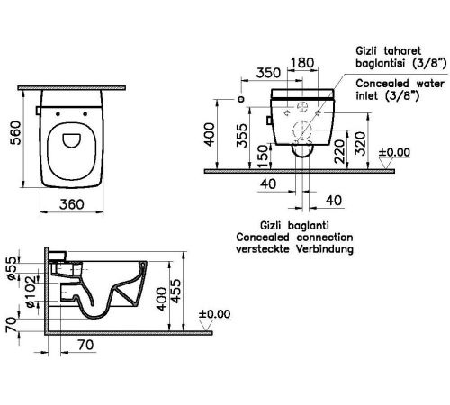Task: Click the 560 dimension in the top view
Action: pyautogui.click(x=15, y=133)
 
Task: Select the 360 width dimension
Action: pyautogui.click(x=72, y=204)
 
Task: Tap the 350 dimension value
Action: pyautogui.click(x=268, y=73)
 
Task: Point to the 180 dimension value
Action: pyautogui.click(x=302, y=63)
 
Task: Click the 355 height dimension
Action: pyautogui.click(x=242, y=136)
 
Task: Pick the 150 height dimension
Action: pyautogui.click(x=263, y=157)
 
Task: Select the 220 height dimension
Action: pyautogui.click(x=340, y=151)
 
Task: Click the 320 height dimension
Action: pyautogui.click(x=360, y=144)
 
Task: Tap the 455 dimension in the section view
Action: pyautogui.click(x=176, y=292)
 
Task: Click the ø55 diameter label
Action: pyautogui.click(x=12, y=268)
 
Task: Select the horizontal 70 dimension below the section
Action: pyautogui.click(x=85, y=345)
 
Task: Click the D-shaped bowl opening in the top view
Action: pyautogui.click(x=72, y=140)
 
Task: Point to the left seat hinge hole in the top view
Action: pyautogui.click(x=58, y=114)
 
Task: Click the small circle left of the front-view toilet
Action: pyautogui.click(x=240, y=99)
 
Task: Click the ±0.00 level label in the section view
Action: pyautogui.click(x=214, y=314)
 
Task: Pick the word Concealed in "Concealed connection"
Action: pyautogui.click(x=263, y=238)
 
